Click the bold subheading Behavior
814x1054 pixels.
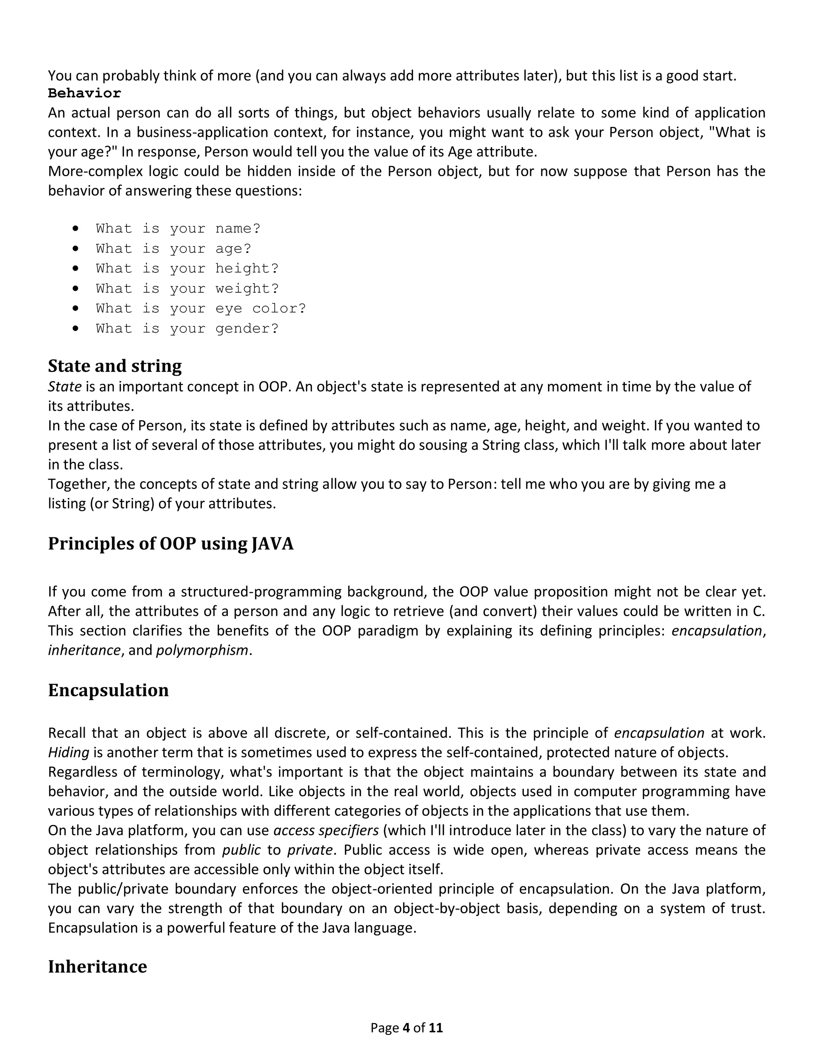(84, 93)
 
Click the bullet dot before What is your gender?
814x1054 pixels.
(75, 328)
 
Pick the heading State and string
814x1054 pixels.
(115, 366)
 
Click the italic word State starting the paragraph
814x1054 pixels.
(65, 387)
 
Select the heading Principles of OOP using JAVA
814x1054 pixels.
(171, 543)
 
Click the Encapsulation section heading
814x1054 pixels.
(109, 690)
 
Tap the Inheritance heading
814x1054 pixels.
(97, 966)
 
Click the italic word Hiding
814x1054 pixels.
(68, 753)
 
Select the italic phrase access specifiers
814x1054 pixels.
(326, 830)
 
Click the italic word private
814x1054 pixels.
(310, 850)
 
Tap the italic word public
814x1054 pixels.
(241, 850)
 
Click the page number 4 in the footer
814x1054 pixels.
(405, 1028)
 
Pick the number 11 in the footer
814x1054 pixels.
(436, 1028)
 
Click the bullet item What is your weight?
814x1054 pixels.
(187, 289)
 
